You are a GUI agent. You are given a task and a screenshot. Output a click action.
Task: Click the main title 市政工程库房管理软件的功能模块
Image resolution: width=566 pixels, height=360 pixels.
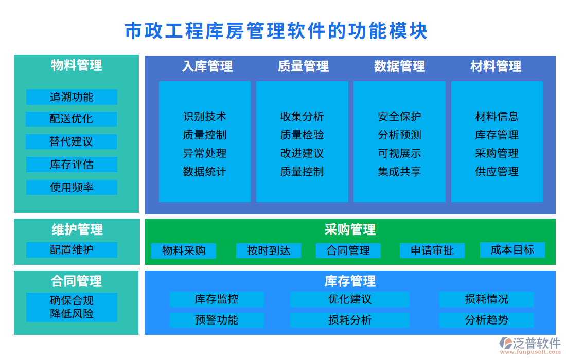click(x=276, y=31)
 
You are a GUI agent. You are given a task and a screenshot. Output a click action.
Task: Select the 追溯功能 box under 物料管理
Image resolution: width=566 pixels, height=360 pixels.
click(x=72, y=97)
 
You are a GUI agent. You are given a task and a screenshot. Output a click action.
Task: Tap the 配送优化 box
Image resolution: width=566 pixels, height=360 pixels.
click(x=72, y=119)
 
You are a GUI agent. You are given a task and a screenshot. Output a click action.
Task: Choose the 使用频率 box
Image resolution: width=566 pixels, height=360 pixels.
click(x=72, y=187)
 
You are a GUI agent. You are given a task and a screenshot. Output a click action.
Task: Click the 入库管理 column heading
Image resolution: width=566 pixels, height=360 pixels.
click(x=207, y=66)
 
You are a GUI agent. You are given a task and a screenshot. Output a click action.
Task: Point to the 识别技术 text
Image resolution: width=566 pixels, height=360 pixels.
click(x=204, y=117)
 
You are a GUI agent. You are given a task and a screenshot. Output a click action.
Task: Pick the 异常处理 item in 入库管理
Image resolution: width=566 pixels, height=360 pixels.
click(x=204, y=153)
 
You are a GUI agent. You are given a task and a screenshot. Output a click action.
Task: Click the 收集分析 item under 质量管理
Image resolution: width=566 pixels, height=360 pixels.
click(x=302, y=117)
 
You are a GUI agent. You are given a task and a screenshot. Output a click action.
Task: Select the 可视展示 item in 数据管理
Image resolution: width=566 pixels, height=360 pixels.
click(x=399, y=153)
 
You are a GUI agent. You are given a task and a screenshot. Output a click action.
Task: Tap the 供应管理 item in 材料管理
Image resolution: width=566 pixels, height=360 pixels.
click(x=497, y=172)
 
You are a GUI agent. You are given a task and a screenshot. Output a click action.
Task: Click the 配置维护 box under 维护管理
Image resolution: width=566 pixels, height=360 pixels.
click(x=72, y=250)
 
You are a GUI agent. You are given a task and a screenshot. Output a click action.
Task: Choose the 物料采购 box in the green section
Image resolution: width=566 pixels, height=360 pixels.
click(x=184, y=250)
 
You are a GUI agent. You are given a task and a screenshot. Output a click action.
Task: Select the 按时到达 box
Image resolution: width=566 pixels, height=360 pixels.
click(x=269, y=250)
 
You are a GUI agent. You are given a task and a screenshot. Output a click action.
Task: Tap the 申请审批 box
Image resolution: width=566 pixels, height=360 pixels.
click(x=432, y=250)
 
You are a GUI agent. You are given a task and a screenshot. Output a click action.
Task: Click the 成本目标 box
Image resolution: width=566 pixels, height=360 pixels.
click(x=512, y=250)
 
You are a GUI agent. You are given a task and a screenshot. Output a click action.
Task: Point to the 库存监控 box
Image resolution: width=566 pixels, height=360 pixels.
click(x=217, y=299)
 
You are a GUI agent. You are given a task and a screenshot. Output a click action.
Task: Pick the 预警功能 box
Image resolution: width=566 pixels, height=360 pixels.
click(x=217, y=320)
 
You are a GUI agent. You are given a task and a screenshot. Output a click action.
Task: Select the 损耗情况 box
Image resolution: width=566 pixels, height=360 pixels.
click(x=486, y=299)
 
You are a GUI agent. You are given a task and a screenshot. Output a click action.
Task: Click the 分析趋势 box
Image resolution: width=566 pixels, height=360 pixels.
click(x=486, y=320)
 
